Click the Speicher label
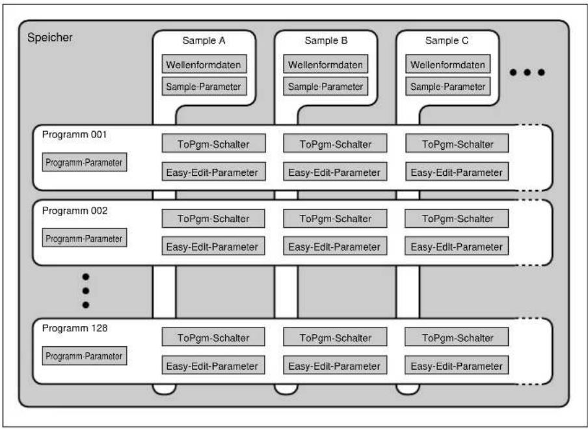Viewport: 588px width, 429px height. (x=50, y=38)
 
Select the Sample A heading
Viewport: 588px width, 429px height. (x=204, y=40)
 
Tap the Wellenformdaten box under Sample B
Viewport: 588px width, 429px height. (x=325, y=64)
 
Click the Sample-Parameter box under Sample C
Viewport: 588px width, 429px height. (x=448, y=87)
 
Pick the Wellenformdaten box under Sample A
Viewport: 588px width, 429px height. (x=204, y=64)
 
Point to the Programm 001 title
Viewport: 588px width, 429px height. (x=74, y=134)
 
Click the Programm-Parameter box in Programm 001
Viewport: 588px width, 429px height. (x=85, y=162)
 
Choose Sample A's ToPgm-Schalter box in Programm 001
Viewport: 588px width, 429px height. (x=213, y=143)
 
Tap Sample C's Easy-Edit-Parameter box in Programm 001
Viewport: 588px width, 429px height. (x=457, y=172)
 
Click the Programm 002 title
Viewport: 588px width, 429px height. (x=75, y=211)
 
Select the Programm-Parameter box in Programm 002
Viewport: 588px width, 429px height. (x=85, y=238)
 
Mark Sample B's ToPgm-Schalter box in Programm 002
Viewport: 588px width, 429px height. (x=335, y=219)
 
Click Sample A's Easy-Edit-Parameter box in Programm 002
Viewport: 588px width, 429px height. (x=213, y=246)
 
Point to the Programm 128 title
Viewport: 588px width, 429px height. (x=75, y=328)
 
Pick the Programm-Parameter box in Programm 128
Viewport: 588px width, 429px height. (x=85, y=356)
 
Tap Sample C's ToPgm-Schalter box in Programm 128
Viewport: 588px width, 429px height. (x=457, y=337)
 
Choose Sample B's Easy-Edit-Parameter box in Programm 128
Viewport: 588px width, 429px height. (x=335, y=365)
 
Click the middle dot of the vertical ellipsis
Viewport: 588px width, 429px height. (x=86, y=291)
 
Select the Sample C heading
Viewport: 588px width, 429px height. (x=447, y=40)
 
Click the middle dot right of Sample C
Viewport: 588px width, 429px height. (x=528, y=72)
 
